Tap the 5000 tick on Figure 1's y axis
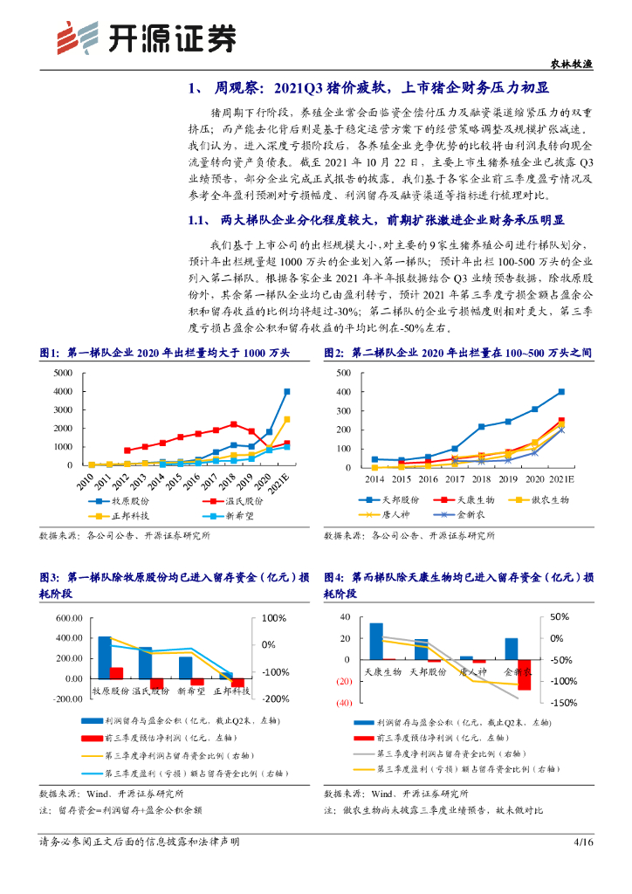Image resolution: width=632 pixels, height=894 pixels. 62,373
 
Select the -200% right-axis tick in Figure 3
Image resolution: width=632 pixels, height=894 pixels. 277,699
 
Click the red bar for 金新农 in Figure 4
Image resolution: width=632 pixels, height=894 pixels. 524,675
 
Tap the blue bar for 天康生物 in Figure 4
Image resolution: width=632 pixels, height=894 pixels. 376,641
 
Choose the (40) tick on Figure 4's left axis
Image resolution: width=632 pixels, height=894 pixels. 342,704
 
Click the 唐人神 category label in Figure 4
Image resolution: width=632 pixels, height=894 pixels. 472,672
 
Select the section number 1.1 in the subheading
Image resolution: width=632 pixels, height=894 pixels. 200,221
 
